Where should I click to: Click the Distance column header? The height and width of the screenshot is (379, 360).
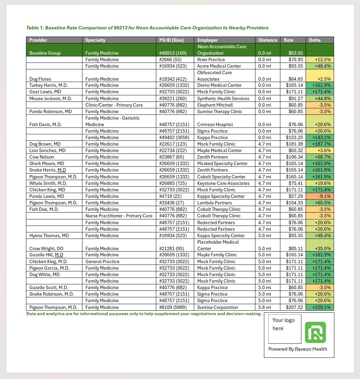(268, 40)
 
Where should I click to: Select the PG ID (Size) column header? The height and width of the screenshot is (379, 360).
(172, 40)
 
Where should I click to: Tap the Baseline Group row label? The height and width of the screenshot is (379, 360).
(45, 53)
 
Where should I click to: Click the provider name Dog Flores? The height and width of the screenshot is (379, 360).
(40, 79)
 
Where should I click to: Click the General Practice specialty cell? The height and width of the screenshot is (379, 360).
(102, 261)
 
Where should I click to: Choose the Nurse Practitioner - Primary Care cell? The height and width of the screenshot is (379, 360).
(119, 216)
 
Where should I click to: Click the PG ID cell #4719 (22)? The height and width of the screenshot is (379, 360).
(170, 196)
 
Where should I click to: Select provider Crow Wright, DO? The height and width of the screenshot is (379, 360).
(46, 248)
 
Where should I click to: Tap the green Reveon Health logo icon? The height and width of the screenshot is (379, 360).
(315, 332)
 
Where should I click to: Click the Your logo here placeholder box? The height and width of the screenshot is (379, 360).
(284, 329)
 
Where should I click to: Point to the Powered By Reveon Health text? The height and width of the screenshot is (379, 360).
(297, 349)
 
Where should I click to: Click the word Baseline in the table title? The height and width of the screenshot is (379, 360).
(55, 28)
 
